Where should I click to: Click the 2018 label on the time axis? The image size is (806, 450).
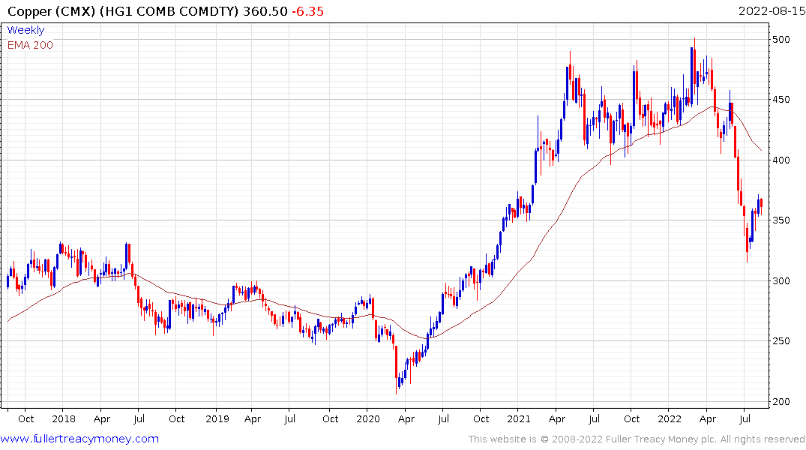point(64,418)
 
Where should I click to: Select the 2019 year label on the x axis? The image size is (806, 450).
point(216,418)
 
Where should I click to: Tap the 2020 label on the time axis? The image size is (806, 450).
point(367,418)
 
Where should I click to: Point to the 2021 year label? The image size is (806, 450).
point(520,418)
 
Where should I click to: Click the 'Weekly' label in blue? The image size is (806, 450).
point(25,30)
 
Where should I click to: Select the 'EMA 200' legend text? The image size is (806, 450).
point(30,45)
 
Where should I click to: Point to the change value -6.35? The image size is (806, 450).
point(307,12)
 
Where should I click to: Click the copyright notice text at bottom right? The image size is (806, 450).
point(637,439)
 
